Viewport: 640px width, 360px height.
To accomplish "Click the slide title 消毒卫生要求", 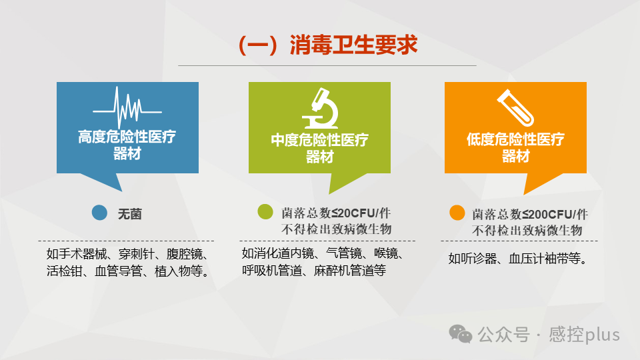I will (x=328, y=45).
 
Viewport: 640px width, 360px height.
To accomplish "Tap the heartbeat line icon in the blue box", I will (x=127, y=107).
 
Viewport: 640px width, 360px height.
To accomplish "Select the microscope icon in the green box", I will (x=319, y=107).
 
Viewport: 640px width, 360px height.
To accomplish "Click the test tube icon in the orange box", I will (x=515, y=107).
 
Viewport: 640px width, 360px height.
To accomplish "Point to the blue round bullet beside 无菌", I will (x=99, y=213).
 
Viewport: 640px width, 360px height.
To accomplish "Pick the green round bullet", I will (x=265, y=212).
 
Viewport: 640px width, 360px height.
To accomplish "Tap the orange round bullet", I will (x=457, y=213).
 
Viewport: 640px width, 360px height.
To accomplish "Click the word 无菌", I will (x=130, y=214).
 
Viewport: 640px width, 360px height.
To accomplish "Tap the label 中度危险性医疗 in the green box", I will (x=319, y=141).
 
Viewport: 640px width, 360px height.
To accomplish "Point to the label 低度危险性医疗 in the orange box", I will (x=515, y=140).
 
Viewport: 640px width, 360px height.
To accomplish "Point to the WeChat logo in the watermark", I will (x=461, y=333).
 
